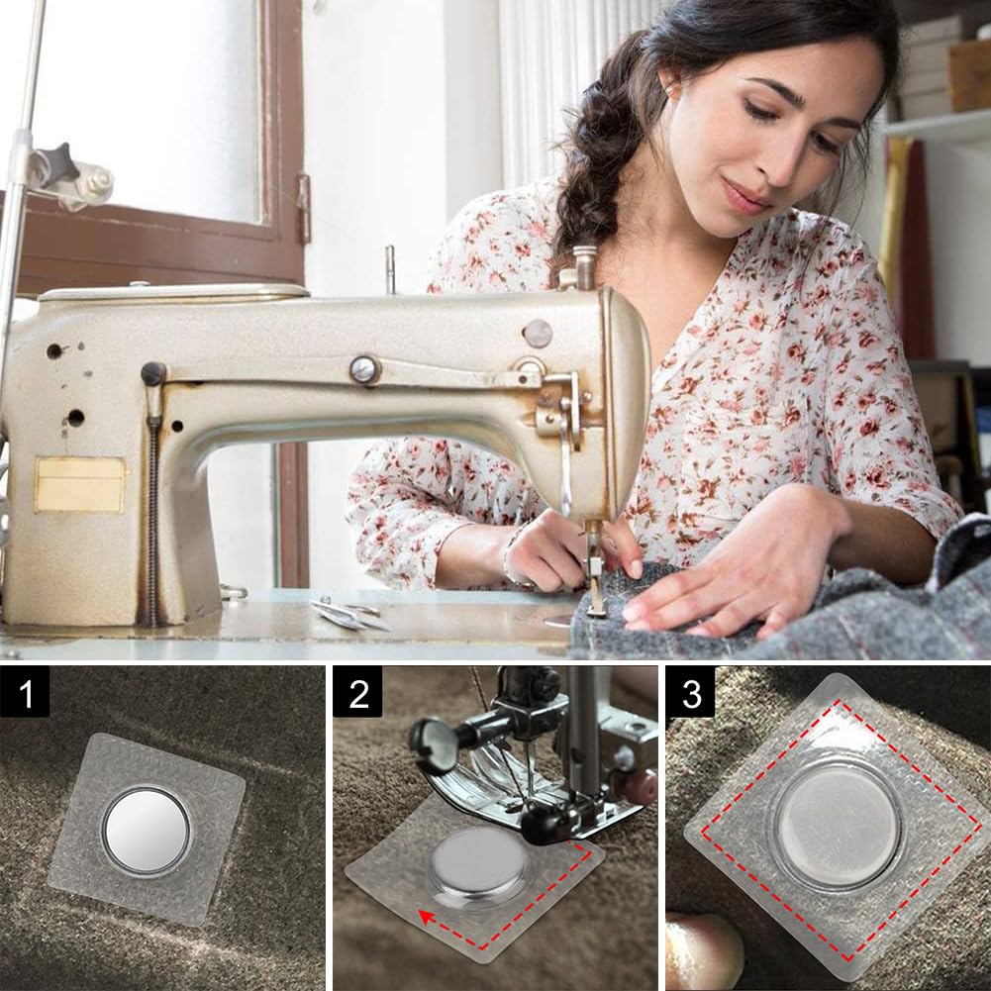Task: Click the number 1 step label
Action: point(25,692)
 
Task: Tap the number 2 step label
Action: point(356,692)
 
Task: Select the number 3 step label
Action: point(690,692)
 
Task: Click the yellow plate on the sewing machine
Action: point(79,484)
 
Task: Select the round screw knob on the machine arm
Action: point(364,369)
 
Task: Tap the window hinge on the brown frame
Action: point(303,208)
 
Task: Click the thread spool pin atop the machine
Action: point(390,268)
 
